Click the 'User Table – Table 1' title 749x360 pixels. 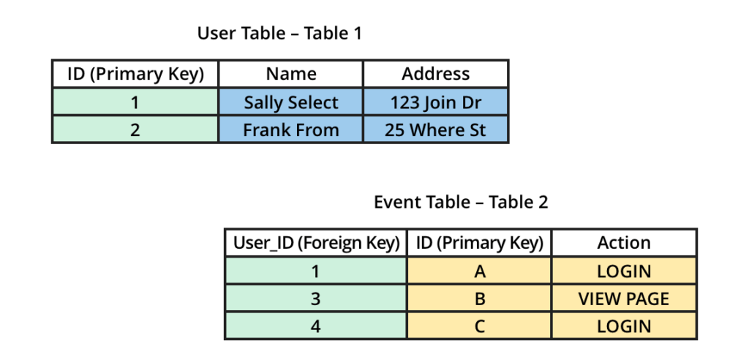(x=279, y=33)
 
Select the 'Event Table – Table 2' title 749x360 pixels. (x=461, y=203)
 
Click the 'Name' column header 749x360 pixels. (x=291, y=74)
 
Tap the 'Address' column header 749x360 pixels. (x=436, y=74)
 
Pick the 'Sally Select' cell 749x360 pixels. (x=291, y=102)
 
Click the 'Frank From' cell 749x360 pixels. (x=291, y=130)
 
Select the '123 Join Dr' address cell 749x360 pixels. (x=436, y=102)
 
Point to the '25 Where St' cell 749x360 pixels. (x=436, y=130)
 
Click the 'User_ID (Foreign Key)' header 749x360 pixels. (x=316, y=243)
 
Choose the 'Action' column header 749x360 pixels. (x=624, y=243)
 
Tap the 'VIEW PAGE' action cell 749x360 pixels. (x=624, y=299)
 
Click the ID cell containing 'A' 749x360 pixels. (x=480, y=271)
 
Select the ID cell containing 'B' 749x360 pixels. (x=480, y=299)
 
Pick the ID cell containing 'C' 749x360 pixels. (x=480, y=326)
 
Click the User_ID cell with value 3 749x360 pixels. (x=316, y=299)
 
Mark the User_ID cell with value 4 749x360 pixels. (x=316, y=326)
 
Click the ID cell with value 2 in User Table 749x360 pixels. (x=135, y=130)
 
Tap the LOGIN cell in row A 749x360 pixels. (x=624, y=271)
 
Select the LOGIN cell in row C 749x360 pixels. (x=624, y=326)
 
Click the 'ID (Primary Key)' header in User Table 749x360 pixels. (x=135, y=74)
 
